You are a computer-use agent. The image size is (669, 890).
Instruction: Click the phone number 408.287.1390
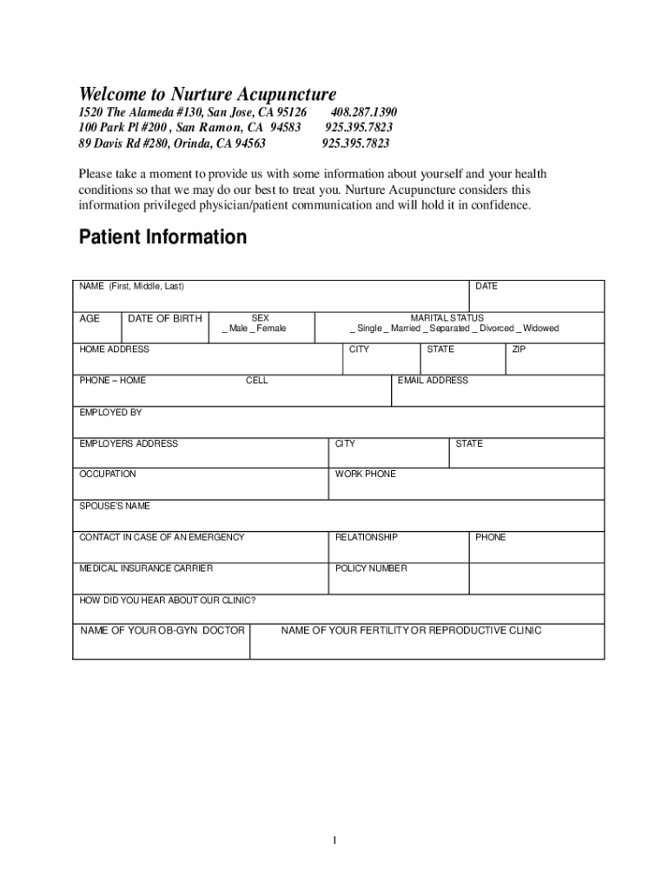[363, 112]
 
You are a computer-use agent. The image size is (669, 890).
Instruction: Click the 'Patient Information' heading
[162, 237]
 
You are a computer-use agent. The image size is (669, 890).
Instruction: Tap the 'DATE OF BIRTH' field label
[165, 319]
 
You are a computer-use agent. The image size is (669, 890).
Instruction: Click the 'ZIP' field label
[519, 349]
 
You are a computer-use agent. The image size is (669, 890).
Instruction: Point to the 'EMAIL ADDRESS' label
[433, 381]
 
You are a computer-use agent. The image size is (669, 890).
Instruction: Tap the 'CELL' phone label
[257, 381]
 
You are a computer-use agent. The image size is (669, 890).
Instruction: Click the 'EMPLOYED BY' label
[110, 412]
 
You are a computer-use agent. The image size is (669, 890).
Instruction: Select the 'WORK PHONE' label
[366, 475]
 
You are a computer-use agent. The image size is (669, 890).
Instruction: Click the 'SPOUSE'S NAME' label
[115, 506]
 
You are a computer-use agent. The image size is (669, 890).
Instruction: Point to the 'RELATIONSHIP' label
[367, 537]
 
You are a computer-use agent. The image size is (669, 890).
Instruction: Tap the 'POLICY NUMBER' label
[371, 568]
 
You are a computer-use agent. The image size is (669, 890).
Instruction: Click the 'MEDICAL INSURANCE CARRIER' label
[146, 568]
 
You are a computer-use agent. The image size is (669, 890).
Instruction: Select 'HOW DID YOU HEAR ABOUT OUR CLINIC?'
[168, 601]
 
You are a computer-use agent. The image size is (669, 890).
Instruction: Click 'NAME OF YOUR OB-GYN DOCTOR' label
[162, 630]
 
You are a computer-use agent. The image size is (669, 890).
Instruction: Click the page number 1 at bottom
[334, 840]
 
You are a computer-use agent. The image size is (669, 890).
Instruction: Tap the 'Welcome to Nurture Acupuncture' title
[208, 94]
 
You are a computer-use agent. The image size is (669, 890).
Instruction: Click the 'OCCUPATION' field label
[108, 475]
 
